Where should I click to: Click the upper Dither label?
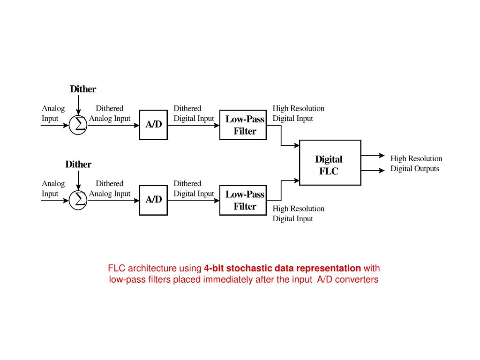coord(83,89)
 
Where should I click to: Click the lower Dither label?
coord(78,164)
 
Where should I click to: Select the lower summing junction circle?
coord(78,200)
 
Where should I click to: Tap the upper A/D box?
coord(153,125)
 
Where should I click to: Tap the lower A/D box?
coord(153,200)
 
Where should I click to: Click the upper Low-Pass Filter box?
coord(243,125)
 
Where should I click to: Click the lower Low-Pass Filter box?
coord(243,200)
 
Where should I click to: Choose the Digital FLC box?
coord(330,162)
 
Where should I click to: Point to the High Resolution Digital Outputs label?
coord(416,164)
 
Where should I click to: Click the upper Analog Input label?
coord(53,113)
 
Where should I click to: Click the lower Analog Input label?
coord(53,188)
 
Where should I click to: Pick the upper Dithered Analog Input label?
coord(110,113)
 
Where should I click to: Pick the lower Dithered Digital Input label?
coord(194,188)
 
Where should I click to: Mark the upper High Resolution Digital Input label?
coord(298,113)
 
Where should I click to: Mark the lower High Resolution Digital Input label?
coord(298,213)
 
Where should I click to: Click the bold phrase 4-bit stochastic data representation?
coord(282,269)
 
